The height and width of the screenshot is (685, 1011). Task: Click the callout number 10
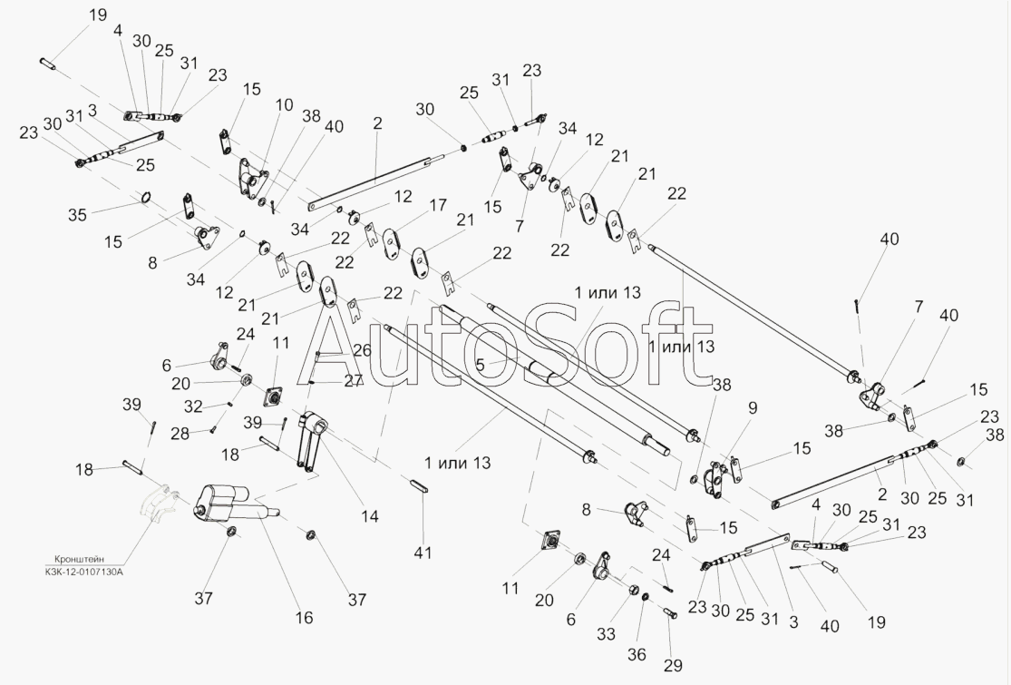(x=284, y=105)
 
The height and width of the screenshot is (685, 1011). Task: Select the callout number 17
(x=437, y=206)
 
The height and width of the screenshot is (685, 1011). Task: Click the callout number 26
(x=363, y=350)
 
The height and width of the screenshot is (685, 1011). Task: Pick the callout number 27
(x=354, y=382)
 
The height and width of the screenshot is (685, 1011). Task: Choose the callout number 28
(x=180, y=435)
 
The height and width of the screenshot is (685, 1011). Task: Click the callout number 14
(x=369, y=516)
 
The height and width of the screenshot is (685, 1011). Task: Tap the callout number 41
(x=423, y=553)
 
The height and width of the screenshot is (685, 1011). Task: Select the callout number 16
(x=303, y=618)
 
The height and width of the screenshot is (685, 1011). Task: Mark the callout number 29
(x=671, y=667)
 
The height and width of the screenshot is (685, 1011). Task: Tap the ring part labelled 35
(x=145, y=200)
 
